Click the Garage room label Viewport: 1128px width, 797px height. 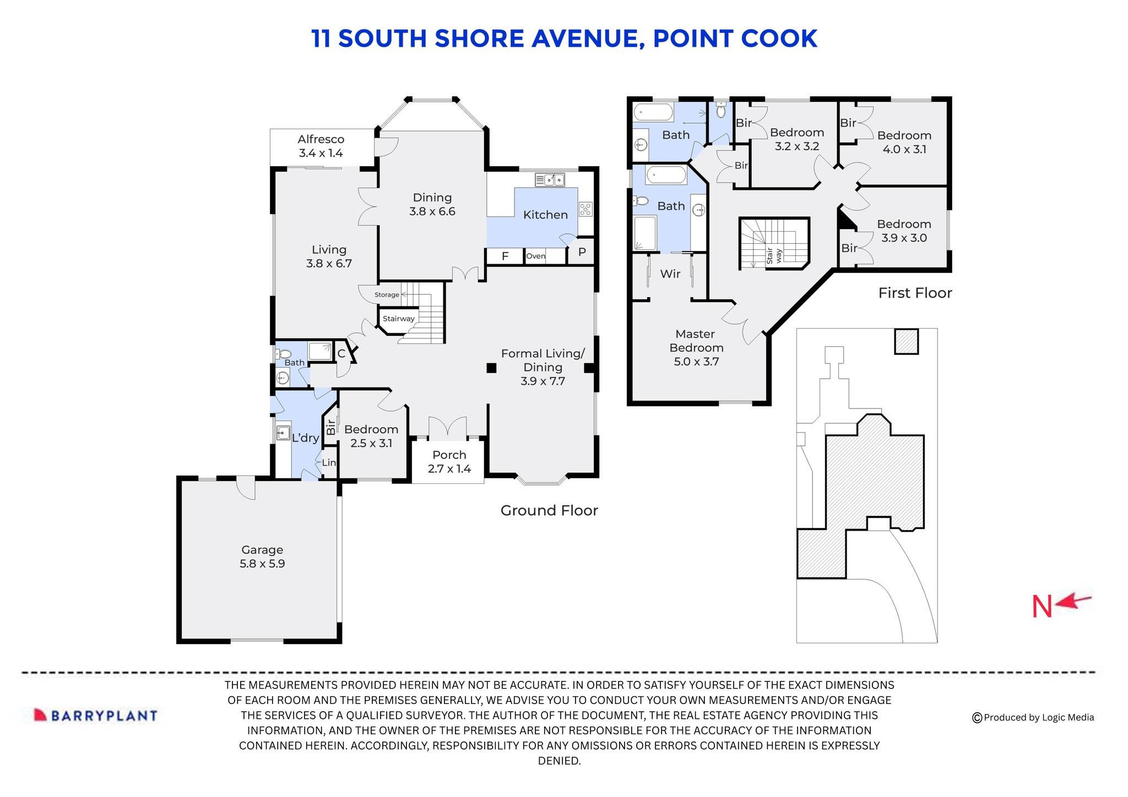coord(262,556)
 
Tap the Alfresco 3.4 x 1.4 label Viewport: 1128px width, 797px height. coord(321,146)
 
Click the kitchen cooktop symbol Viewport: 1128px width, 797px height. coord(585,209)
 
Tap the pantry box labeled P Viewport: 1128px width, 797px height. coord(582,253)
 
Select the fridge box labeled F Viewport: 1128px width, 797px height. coord(505,256)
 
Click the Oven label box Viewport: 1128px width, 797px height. coord(535,256)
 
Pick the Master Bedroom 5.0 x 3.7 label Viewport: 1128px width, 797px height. coord(696,348)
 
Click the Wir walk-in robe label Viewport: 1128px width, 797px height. coord(670,274)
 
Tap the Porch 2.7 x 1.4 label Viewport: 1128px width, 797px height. coord(449,462)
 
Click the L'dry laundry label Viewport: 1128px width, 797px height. coord(305,438)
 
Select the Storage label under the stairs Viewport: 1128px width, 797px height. coord(387,295)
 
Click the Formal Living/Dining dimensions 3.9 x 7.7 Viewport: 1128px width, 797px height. coord(543,381)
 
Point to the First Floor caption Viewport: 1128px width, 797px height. coord(915,293)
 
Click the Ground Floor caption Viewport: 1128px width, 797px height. coord(549,510)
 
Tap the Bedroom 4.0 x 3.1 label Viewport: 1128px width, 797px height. coord(904,142)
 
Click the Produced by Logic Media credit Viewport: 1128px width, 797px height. coord(1033,717)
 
